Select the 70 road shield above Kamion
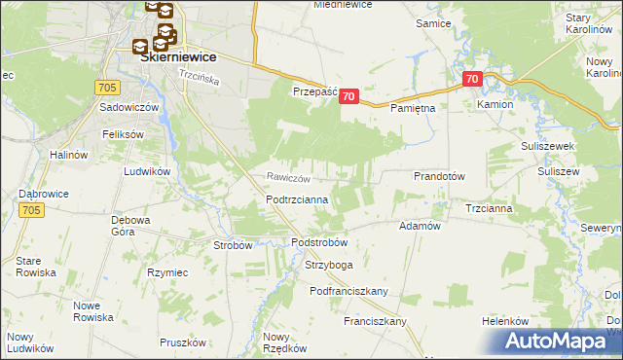tap(472, 79)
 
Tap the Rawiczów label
tap(289, 178)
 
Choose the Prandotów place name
tap(440, 176)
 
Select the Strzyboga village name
tap(328, 264)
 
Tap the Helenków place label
tap(504, 321)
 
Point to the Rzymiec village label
tap(166, 271)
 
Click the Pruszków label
tap(185, 342)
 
